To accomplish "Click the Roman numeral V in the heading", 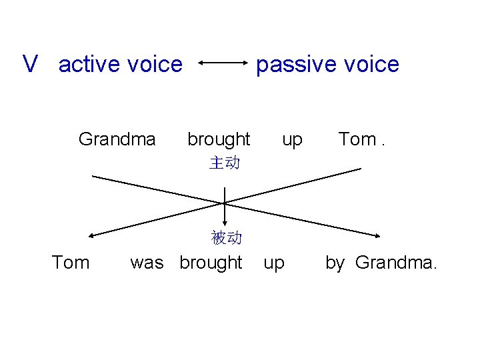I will (30, 64).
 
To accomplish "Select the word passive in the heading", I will (292, 64).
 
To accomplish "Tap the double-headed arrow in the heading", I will (223, 64).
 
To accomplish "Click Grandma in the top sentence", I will (117, 139).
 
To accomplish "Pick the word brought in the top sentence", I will (219, 139).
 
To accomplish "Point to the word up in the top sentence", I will (292, 140).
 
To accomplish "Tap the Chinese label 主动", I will (225, 163).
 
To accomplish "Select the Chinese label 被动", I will (226, 238).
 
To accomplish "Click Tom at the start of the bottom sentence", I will (71, 263).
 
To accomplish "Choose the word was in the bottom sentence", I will (147, 263).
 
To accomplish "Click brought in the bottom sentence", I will (211, 263).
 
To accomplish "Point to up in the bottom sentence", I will (273, 263).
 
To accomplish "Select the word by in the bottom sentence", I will (335, 263).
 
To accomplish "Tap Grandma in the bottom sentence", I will (396, 263).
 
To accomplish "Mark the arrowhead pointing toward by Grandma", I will (377, 234).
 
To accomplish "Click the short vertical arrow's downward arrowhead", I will (225, 225).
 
